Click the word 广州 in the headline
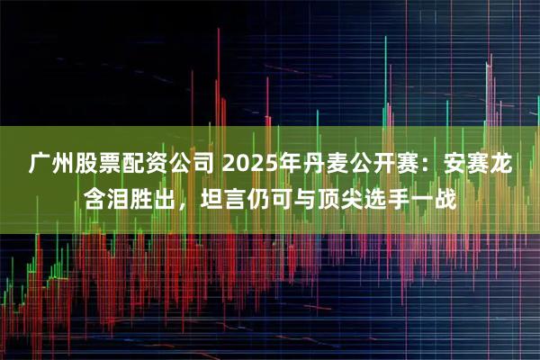50,166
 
